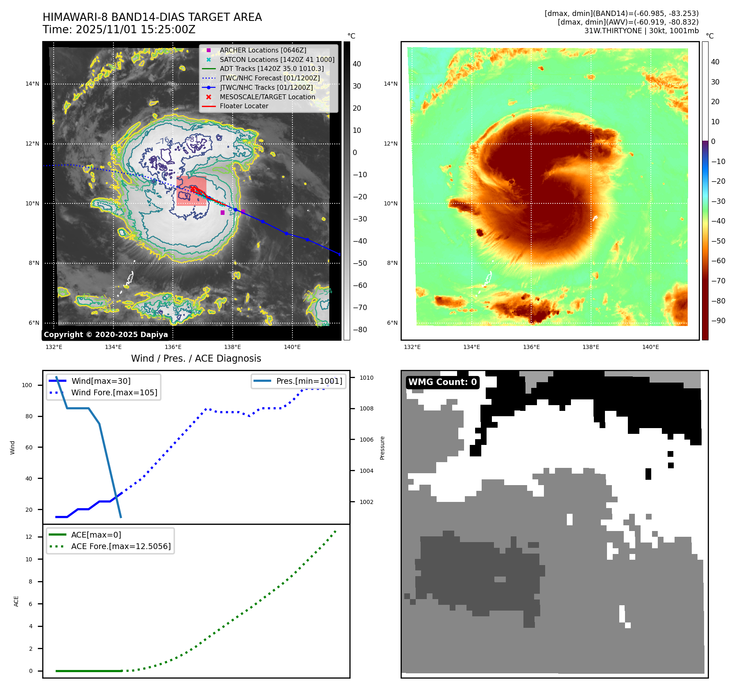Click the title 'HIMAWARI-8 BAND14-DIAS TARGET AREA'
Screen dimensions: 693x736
click(x=152, y=17)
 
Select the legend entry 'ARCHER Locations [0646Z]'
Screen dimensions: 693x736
click(x=263, y=50)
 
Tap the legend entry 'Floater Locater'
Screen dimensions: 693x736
click(x=244, y=106)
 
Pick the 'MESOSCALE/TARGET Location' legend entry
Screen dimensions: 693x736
click(x=267, y=97)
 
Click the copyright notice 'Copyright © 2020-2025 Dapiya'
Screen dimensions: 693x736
click(x=106, y=335)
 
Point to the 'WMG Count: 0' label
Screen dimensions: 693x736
click(x=442, y=382)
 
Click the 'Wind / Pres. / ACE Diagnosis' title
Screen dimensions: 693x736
click(x=196, y=358)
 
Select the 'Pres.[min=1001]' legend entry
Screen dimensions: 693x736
click(x=309, y=381)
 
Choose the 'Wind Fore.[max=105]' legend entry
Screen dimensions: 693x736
click(x=114, y=392)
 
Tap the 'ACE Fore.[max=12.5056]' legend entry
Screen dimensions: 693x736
click(x=121, y=546)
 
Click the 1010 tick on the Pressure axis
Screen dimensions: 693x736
click(x=366, y=378)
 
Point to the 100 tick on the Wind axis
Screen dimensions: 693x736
click(x=27, y=385)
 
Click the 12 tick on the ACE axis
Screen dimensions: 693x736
click(x=29, y=537)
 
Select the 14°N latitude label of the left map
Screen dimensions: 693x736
click(x=32, y=84)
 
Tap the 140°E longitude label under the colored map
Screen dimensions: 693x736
click(x=650, y=347)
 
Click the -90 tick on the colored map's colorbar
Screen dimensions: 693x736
click(x=718, y=321)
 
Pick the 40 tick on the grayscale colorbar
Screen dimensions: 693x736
click(x=357, y=64)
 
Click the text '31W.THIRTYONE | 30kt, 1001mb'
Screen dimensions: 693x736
click(x=641, y=31)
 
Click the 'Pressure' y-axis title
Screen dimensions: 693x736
click(x=382, y=448)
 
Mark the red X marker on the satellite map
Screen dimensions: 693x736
click(x=192, y=189)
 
